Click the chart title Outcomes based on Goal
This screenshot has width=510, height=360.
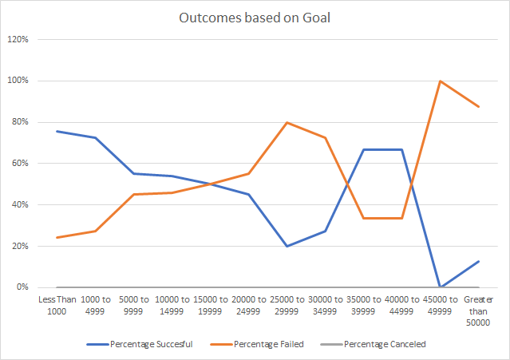pyautogui.click(x=255, y=18)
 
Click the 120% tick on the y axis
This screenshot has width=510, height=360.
pyautogui.click(x=18, y=39)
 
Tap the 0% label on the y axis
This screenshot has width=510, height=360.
pyautogui.click(x=23, y=287)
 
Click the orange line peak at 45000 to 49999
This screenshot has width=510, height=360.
pyautogui.click(x=440, y=81)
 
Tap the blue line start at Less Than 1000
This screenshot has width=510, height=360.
pyautogui.click(x=57, y=131)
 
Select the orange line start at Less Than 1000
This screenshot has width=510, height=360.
pyautogui.click(x=57, y=237)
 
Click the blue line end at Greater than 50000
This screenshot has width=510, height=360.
pyautogui.click(x=478, y=261)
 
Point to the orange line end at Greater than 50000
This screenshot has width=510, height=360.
pyautogui.click(x=478, y=107)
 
